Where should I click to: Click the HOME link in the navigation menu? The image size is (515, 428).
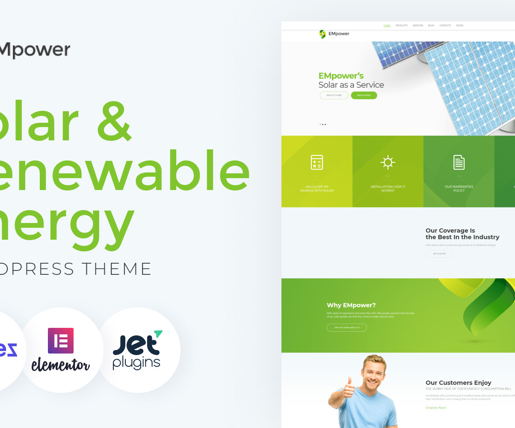point(387,26)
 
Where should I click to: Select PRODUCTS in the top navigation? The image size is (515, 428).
point(401,26)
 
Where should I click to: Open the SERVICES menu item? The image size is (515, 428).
point(418,26)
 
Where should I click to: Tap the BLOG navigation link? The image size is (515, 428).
point(431,26)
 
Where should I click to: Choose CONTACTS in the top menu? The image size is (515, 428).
point(445,26)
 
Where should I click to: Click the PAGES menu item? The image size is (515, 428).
point(459,26)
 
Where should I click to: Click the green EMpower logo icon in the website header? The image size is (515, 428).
point(323,34)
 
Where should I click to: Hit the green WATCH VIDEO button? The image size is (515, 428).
point(364,95)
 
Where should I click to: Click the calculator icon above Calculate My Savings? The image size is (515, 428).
point(317,162)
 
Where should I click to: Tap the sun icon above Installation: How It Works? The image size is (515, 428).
point(388,162)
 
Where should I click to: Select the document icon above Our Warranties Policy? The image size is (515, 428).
point(459,162)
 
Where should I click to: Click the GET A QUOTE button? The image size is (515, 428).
point(439,254)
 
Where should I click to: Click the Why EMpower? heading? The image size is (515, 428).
point(351,305)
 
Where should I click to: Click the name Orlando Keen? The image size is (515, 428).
point(436,408)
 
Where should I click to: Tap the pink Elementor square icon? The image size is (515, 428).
point(61,341)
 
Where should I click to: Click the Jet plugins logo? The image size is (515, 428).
point(137,350)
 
